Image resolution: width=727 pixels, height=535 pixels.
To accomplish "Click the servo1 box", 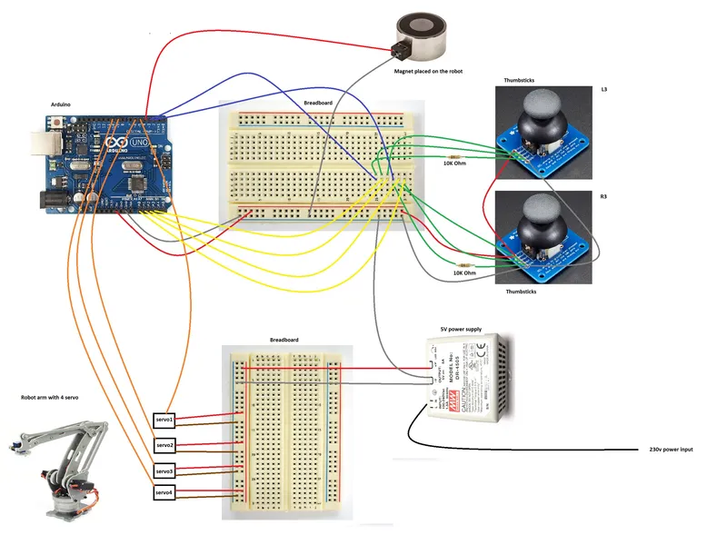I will [x=164, y=421].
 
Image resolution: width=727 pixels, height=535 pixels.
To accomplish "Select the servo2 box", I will [x=164, y=446].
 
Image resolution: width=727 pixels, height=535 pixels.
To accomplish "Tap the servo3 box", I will [x=164, y=471].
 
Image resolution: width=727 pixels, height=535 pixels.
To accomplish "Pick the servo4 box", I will [x=164, y=493].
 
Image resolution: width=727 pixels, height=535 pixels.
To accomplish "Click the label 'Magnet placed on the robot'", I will [x=428, y=71].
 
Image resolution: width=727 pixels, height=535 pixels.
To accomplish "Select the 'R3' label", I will [x=604, y=197].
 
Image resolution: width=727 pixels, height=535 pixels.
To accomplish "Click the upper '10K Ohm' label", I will [x=456, y=163].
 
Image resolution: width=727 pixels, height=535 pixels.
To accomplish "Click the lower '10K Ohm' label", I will [x=464, y=272].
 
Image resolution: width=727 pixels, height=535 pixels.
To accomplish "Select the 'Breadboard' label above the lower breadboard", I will [x=284, y=340].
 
